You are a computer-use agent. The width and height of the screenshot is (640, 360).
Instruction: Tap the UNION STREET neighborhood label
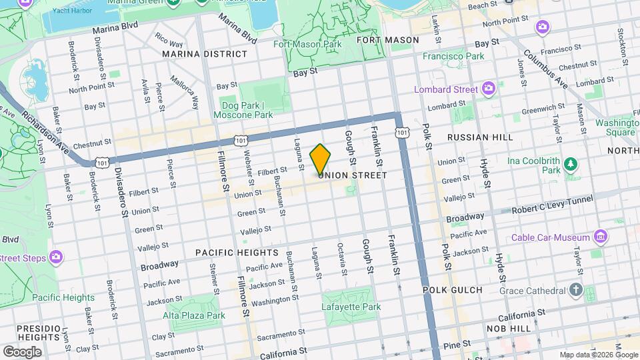[x=353, y=175]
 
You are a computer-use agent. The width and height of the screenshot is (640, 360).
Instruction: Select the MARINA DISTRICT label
[x=200, y=53]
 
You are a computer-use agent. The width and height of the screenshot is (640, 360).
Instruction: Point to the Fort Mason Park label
[x=307, y=44]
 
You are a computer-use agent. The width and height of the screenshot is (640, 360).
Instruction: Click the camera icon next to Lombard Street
[x=489, y=88]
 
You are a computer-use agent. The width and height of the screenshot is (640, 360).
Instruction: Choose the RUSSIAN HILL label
[x=480, y=137]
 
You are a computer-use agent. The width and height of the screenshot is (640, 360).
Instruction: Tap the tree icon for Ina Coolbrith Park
[x=571, y=164]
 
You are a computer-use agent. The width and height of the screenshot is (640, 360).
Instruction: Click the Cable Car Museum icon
[x=601, y=236]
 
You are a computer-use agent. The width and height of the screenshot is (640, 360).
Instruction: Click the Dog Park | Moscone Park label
[x=243, y=110]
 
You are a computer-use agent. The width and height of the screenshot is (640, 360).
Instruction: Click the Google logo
[x=22, y=351]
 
